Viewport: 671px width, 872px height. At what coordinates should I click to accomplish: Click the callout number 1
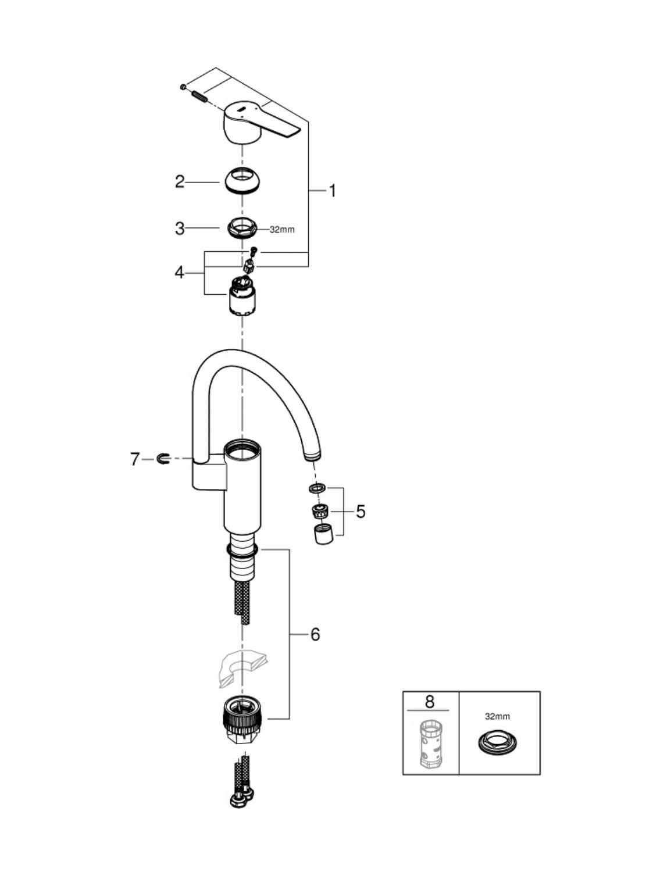(x=332, y=191)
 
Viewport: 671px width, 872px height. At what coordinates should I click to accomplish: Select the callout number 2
(x=180, y=182)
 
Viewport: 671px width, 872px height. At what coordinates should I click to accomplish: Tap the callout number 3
(x=180, y=228)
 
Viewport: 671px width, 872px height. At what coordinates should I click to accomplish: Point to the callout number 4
(x=180, y=273)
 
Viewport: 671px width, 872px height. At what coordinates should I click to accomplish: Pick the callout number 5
(x=361, y=512)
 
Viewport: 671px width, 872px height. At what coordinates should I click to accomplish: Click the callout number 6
(x=315, y=634)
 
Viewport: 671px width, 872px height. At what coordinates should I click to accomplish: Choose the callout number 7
(x=135, y=459)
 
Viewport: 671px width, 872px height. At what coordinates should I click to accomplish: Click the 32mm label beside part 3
(x=282, y=230)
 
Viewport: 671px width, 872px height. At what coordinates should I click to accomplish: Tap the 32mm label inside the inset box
(x=498, y=716)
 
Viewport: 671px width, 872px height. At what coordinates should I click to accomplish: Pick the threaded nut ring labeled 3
(x=242, y=228)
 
